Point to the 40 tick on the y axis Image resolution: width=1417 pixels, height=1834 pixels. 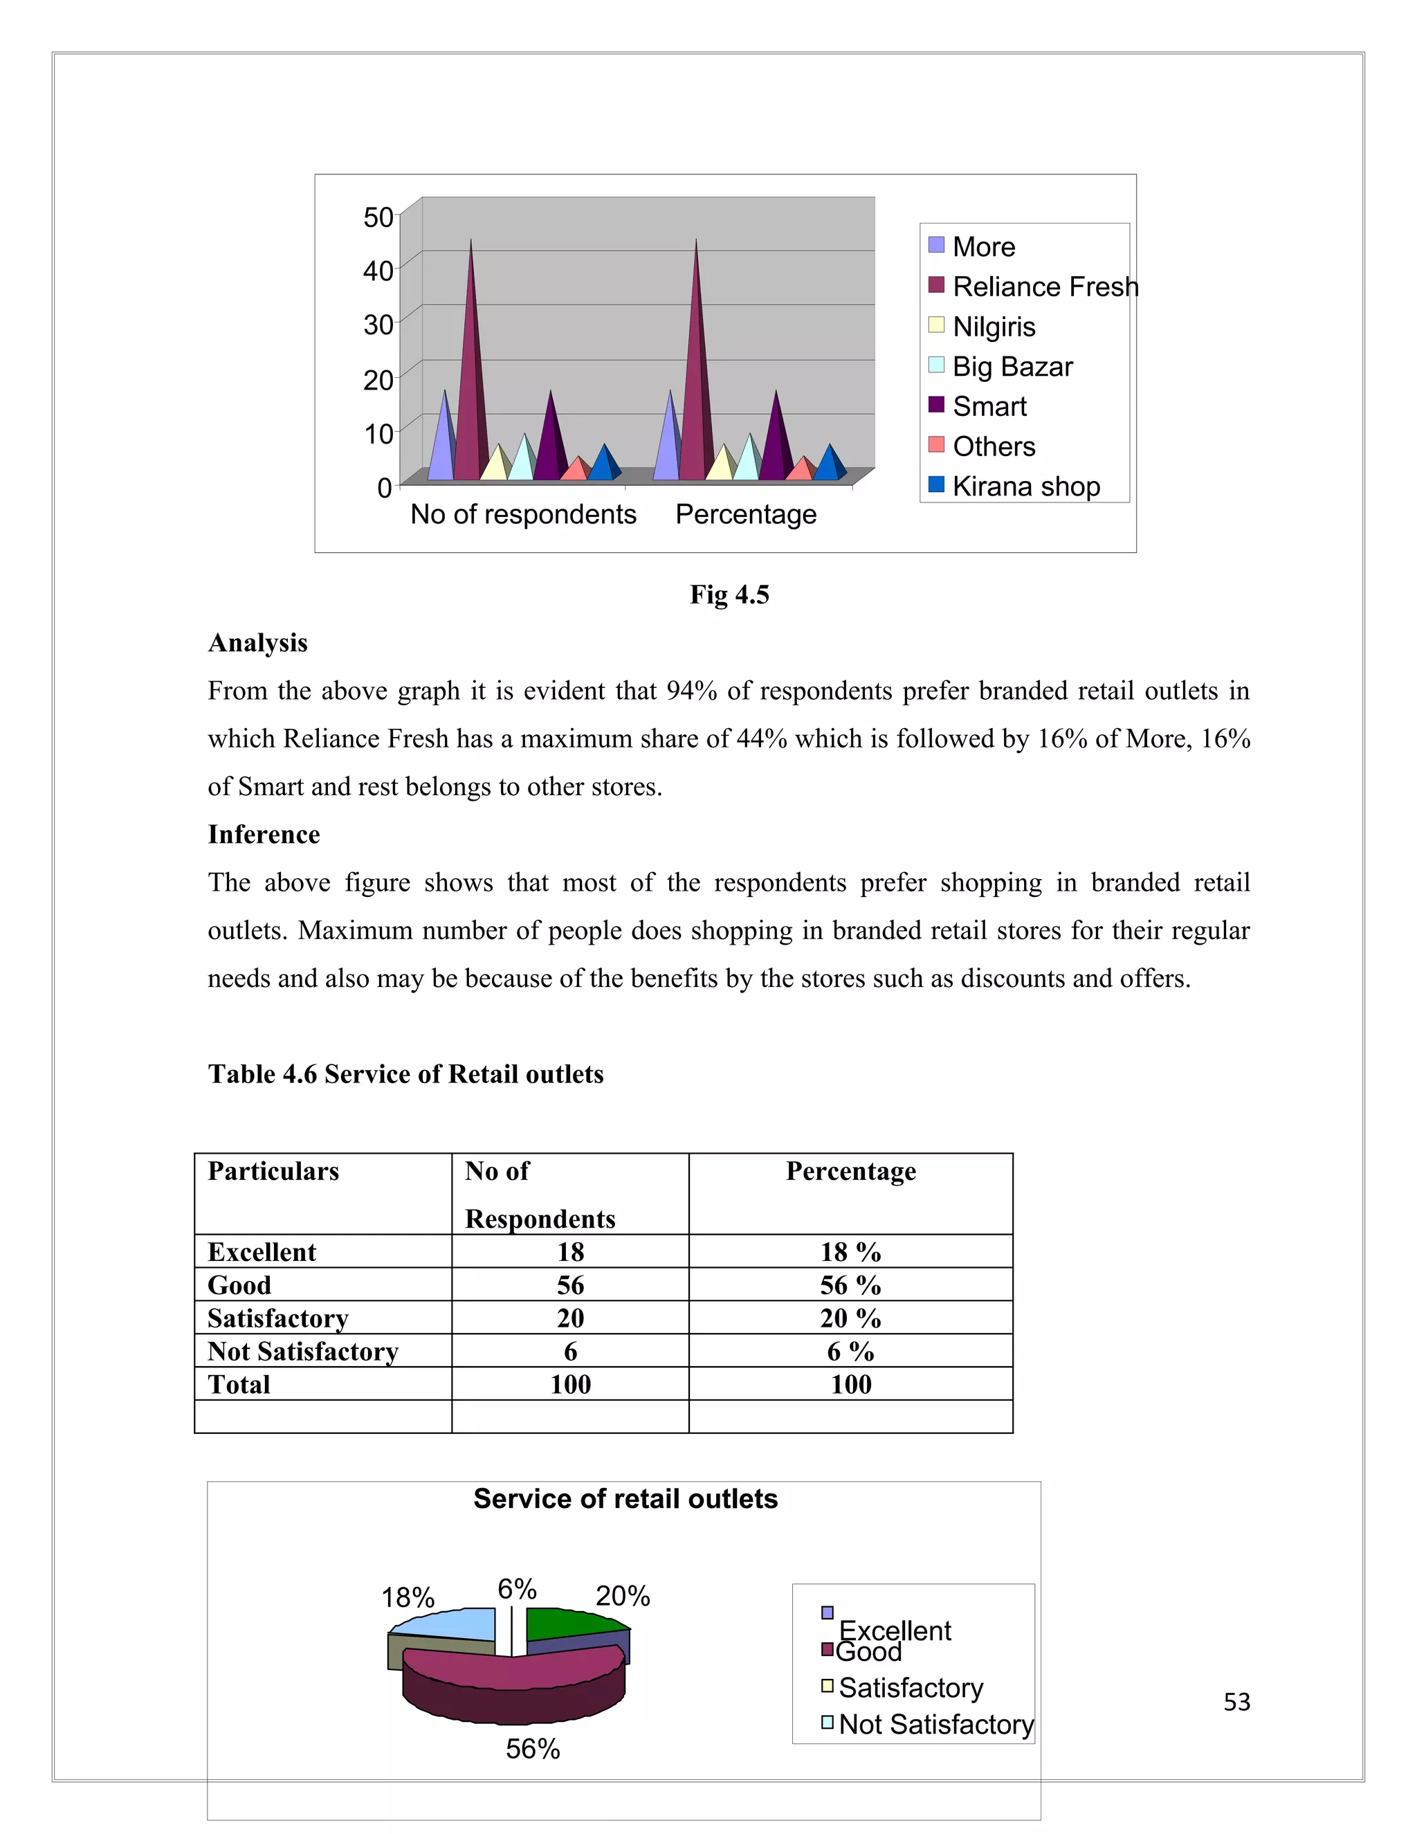click(x=378, y=271)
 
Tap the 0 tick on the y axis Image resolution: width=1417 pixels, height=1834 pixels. click(x=385, y=487)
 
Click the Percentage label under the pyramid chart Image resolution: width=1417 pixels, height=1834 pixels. click(x=745, y=514)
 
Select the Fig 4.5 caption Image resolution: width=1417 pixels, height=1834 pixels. click(x=729, y=594)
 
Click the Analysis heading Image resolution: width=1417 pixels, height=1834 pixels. click(x=257, y=642)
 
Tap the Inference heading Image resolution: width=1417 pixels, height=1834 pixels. click(x=264, y=834)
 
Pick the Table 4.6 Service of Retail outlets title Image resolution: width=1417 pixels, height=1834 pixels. click(x=405, y=1074)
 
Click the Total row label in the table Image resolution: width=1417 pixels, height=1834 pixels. click(x=239, y=1384)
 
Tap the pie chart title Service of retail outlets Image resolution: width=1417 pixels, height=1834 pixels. click(x=625, y=1499)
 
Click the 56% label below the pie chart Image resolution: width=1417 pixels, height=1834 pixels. click(x=532, y=1748)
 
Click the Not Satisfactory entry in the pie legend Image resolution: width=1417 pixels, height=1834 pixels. click(x=935, y=1724)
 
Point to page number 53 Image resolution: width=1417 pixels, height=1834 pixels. click(x=1236, y=1703)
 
